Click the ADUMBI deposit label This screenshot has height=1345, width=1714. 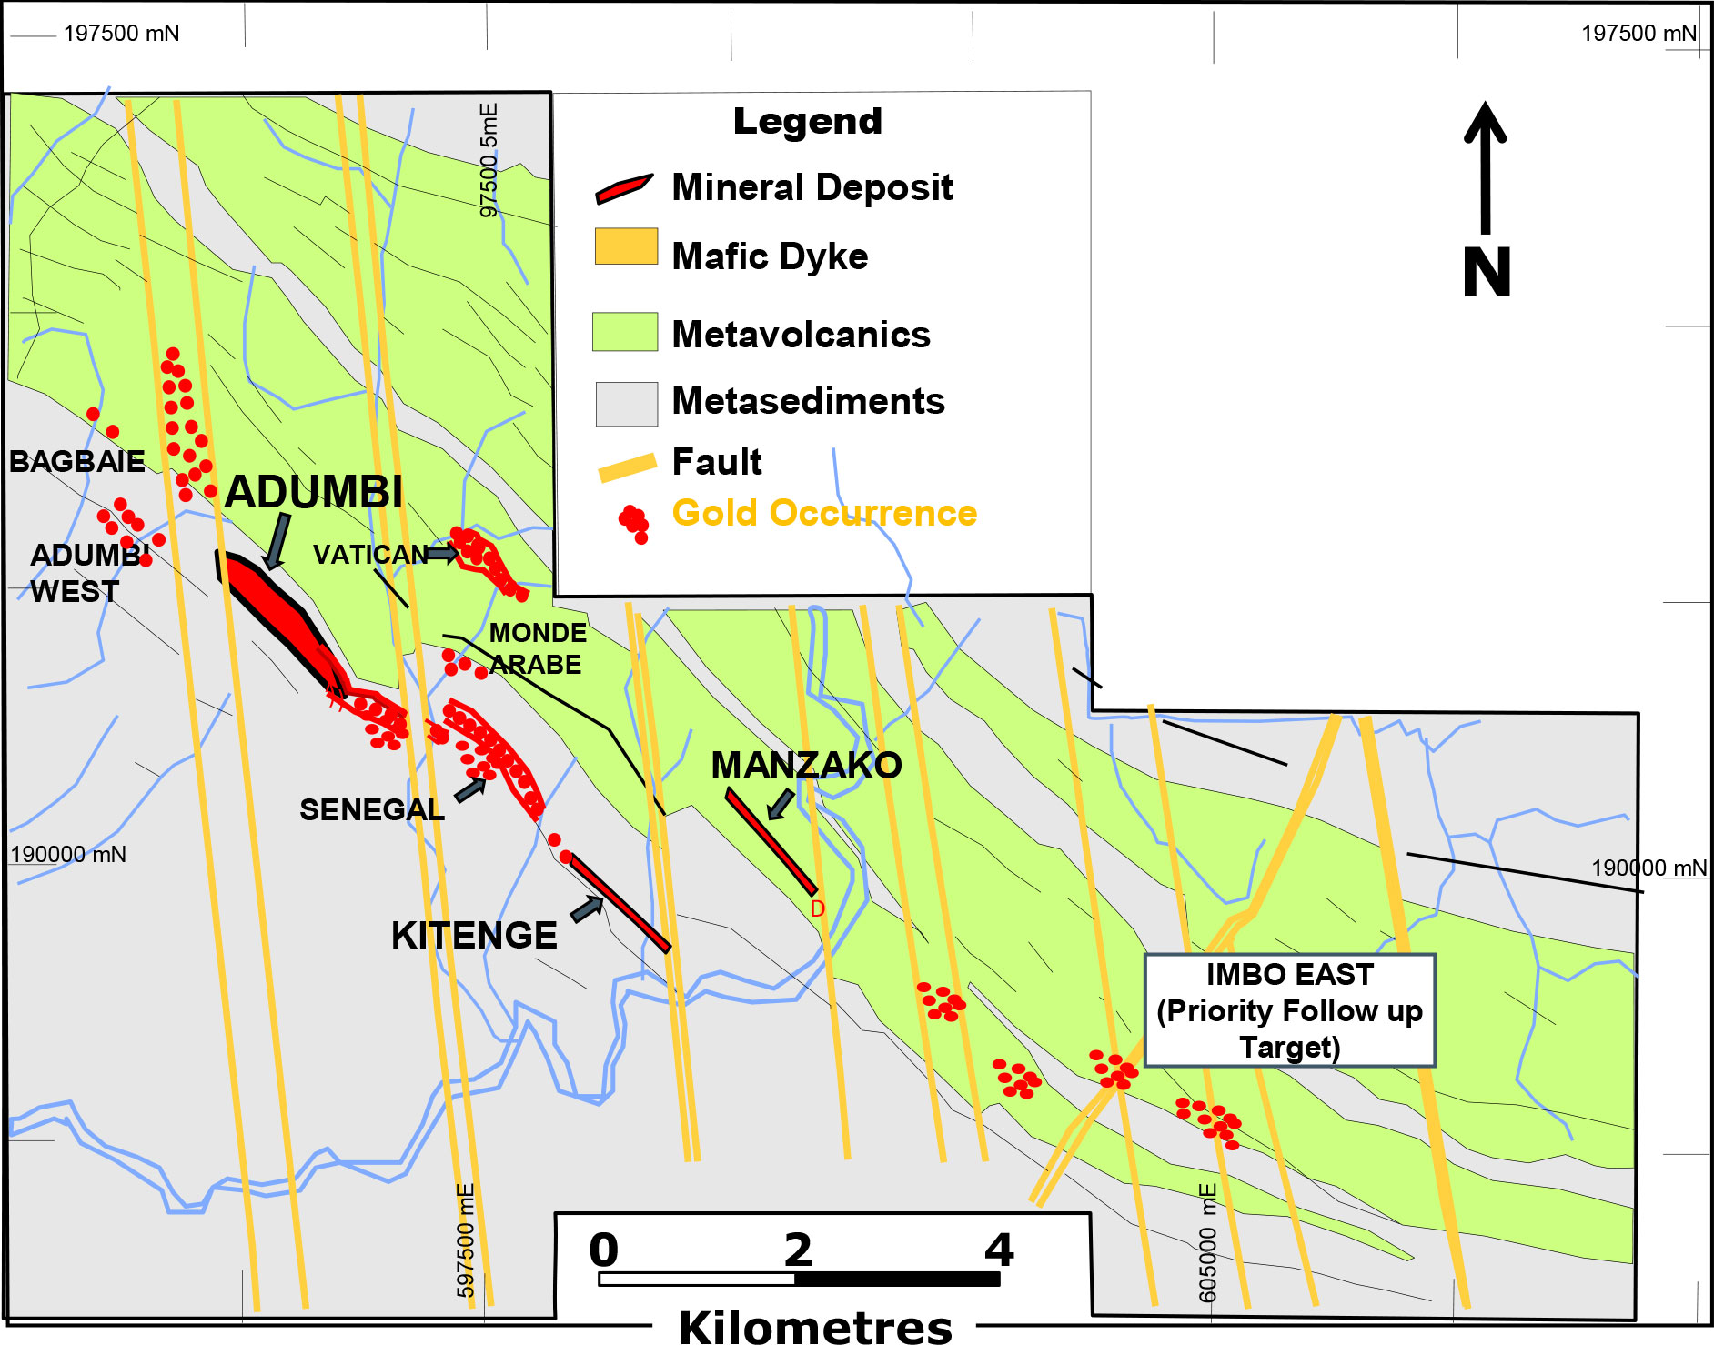click(x=313, y=492)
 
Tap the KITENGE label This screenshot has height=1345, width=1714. click(x=473, y=936)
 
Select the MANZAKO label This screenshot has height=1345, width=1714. click(x=806, y=766)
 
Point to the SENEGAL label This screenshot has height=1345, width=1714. click(x=371, y=809)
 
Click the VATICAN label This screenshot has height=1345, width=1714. click(x=369, y=554)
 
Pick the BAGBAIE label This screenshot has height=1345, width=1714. click(x=77, y=462)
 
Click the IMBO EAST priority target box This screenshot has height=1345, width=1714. click(x=1289, y=1010)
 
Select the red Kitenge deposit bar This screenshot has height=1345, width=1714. click(x=620, y=903)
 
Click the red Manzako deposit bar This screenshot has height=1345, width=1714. click(x=771, y=841)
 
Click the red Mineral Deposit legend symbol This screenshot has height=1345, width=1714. click(x=624, y=187)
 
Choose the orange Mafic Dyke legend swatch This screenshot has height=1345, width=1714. click(x=626, y=246)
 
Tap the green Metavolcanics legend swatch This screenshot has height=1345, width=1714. click(x=624, y=332)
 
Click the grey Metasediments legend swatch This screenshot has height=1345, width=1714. click(x=626, y=404)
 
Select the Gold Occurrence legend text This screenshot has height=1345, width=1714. click(x=824, y=513)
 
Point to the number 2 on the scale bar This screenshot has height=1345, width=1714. click(x=798, y=1250)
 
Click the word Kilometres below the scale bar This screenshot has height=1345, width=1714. click(x=815, y=1327)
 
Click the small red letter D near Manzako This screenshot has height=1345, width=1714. click(x=817, y=908)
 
